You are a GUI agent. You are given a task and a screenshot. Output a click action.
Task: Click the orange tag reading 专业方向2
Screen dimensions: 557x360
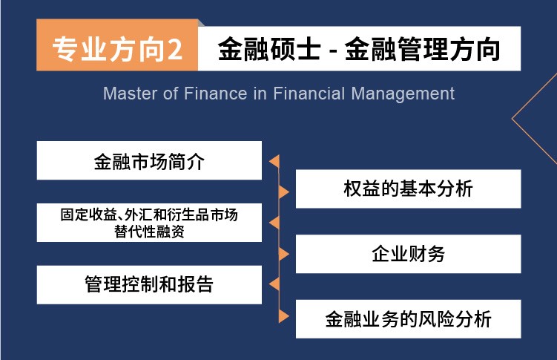click(117, 45)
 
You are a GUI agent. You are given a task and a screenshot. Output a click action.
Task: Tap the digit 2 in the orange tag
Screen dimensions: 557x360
click(175, 50)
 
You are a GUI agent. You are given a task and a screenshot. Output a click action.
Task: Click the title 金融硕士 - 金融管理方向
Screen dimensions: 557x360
click(359, 49)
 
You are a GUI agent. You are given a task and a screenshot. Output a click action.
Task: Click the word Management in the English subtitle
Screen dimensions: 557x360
click(403, 94)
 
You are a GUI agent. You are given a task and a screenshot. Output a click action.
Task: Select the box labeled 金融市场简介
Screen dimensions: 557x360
click(149, 160)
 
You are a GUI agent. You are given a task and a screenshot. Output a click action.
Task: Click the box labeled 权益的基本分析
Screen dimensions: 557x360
click(408, 189)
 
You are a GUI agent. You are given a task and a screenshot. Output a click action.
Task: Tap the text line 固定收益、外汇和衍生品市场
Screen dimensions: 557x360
click(149, 215)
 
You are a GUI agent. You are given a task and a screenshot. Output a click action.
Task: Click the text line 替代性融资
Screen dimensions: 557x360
click(149, 232)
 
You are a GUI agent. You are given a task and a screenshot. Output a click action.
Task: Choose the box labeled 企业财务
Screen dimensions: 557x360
click(408, 254)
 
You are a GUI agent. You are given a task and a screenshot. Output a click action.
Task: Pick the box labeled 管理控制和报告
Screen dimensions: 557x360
click(149, 284)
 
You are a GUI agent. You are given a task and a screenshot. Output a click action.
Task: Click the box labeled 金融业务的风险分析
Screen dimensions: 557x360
click(408, 318)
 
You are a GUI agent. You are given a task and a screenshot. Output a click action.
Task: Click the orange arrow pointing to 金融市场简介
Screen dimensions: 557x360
click(274, 161)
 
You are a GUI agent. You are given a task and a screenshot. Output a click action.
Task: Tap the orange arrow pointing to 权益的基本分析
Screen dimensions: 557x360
click(284, 192)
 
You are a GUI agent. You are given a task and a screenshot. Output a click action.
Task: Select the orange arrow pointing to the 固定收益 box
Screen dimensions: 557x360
click(274, 223)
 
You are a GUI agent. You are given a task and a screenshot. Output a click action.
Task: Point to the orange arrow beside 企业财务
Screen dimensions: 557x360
click(284, 254)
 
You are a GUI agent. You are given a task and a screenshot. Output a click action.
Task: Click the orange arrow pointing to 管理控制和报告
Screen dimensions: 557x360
click(274, 284)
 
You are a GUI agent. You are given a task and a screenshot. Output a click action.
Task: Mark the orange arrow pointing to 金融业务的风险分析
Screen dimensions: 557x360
click(284, 316)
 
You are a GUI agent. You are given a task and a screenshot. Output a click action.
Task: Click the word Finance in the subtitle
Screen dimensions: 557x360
click(215, 94)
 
